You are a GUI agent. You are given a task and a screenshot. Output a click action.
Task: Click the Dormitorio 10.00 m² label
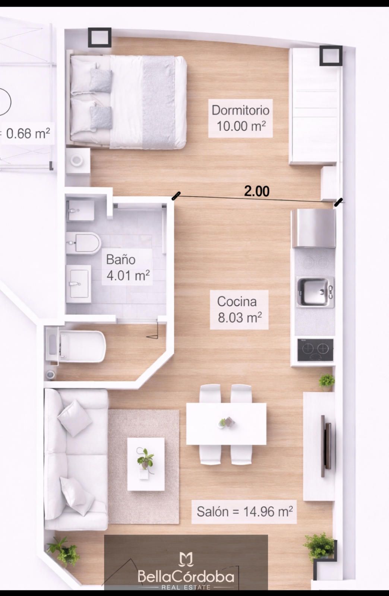pos(240,118)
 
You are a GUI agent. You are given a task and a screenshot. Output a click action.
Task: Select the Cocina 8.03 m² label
pos(239,310)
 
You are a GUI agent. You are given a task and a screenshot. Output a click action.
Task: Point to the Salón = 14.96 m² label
pos(244,512)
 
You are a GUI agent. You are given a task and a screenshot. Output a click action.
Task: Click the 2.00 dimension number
pos(257,191)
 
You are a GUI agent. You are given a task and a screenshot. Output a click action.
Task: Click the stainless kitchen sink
pos(315,292)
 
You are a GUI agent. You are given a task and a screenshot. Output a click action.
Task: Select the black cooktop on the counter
pos(315,350)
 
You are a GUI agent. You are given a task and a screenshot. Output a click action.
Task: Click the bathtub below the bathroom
pos(76,347)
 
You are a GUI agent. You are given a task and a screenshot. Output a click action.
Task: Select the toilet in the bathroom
pos(83,243)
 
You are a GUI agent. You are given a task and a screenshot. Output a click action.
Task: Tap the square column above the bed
pos(99,38)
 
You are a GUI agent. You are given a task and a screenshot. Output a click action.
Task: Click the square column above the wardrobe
pos(331,56)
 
